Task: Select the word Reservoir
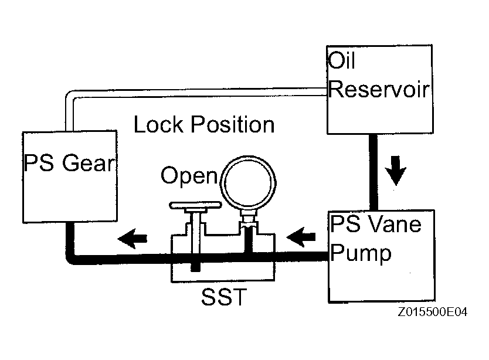pyautogui.click(x=379, y=90)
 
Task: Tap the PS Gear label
pyautogui.click(x=69, y=162)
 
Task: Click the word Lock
pyautogui.click(x=158, y=124)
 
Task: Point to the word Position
pyautogui.click(x=233, y=124)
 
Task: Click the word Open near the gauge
pyautogui.click(x=189, y=176)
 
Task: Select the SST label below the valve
pyautogui.click(x=224, y=297)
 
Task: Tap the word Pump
pyautogui.click(x=361, y=253)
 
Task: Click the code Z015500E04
pyautogui.click(x=433, y=312)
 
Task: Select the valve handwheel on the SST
pyautogui.click(x=195, y=205)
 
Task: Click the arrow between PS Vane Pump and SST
pyautogui.click(x=301, y=237)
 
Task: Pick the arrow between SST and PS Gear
pyautogui.click(x=133, y=239)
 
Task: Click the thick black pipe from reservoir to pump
pyautogui.click(x=373, y=172)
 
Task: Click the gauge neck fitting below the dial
pyautogui.click(x=249, y=220)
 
